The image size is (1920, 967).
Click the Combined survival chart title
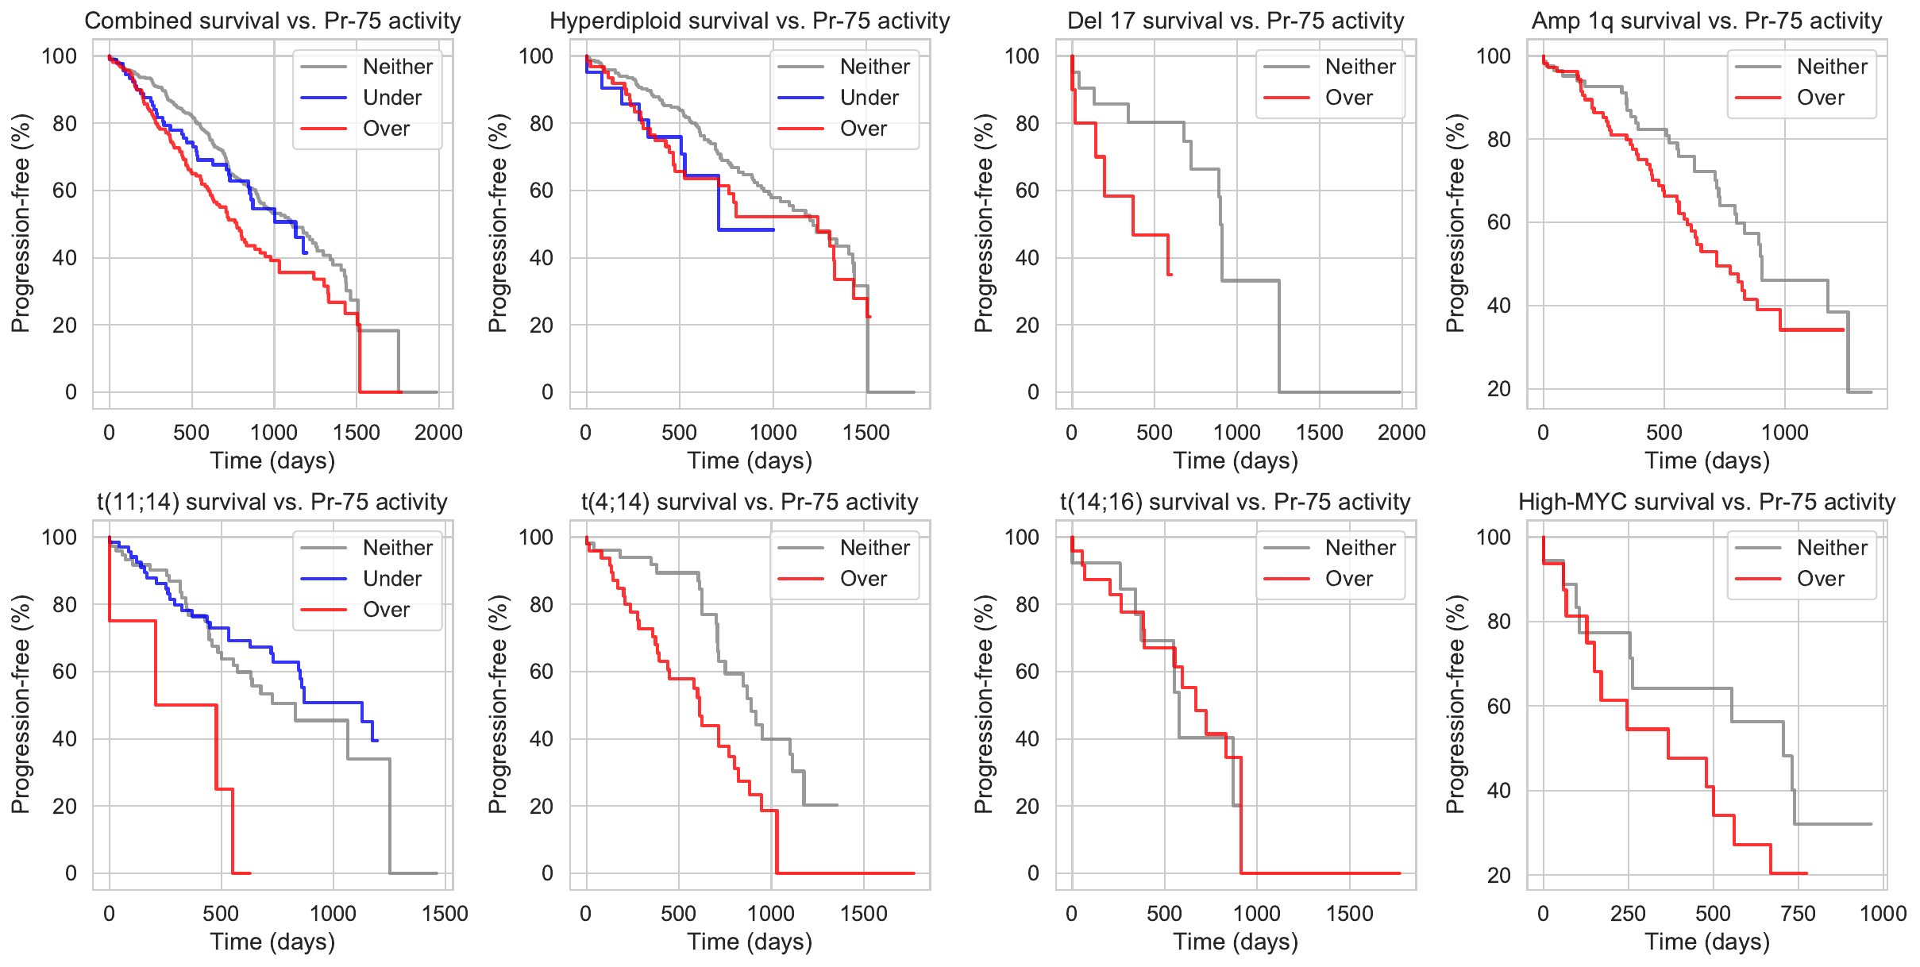pyautogui.click(x=272, y=21)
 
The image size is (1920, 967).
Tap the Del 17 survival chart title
pyautogui.click(x=1236, y=21)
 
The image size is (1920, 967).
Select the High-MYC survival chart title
pyautogui.click(x=1706, y=502)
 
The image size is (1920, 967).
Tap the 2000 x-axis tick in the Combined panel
pyautogui.click(x=438, y=433)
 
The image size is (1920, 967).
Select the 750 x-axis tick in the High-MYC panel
pyautogui.click(x=1798, y=914)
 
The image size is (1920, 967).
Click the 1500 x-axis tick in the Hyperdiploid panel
pyautogui.click(x=866, y=433)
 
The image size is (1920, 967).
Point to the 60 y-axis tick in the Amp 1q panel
pyautogui.click(x=1498, y=222)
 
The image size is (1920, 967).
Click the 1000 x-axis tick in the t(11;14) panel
pyautogui.click(x=333, y=914)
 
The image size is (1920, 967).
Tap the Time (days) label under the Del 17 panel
pyautogui.click(x=1236, y=460)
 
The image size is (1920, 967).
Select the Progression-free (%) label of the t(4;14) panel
pyautogui.click(x=498, y=704)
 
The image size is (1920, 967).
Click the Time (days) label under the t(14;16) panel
pyautogui.click(x=1236, y=942)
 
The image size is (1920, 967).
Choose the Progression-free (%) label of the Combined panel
pyautogui.click(x=21, y=223)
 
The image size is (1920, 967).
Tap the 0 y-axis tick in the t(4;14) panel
pyautogui.click(x=547, y=873)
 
